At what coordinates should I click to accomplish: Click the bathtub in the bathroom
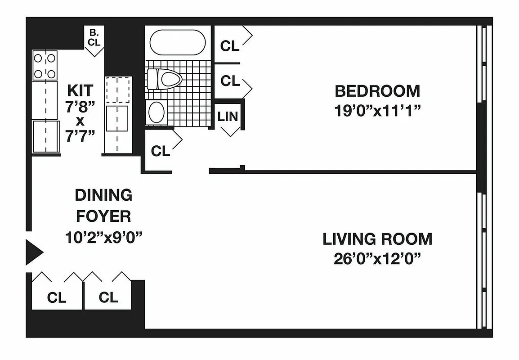[177, 43]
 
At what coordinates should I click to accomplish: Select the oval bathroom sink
[157, 112]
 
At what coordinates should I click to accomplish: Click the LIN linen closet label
[228, 116]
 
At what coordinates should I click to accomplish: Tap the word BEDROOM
[377, 91]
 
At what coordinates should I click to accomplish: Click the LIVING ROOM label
[377, 239]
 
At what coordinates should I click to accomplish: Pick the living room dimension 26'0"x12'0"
[377, 259]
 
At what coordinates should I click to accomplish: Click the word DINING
[103, 195]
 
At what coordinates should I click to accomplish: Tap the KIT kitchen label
[81, 90]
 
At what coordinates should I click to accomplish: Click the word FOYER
[103, 216]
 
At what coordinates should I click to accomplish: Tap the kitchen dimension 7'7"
[81, 137]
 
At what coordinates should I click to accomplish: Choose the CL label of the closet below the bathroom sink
[161, 151]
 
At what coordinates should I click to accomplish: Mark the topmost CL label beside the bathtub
[230, 46]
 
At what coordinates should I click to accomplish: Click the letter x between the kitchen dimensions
[81, 121]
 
